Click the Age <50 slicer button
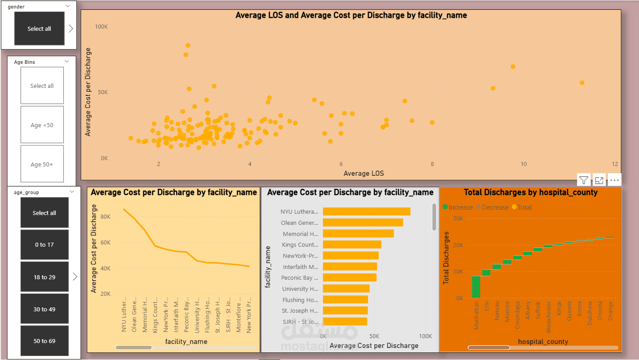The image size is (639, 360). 42,125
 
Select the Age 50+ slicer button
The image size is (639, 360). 42,164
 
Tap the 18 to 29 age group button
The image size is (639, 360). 44,277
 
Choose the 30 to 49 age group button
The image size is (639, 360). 44,309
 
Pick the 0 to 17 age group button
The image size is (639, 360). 44,244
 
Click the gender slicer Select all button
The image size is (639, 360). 39,29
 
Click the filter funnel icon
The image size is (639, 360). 584,180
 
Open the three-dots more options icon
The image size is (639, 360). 614,180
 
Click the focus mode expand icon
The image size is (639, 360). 599,180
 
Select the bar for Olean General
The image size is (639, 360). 363,223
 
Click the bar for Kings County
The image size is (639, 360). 352,244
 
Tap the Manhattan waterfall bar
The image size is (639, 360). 476,287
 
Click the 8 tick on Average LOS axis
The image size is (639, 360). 432,164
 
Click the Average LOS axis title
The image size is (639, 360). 364,173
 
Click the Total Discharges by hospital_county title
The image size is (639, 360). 531,192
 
